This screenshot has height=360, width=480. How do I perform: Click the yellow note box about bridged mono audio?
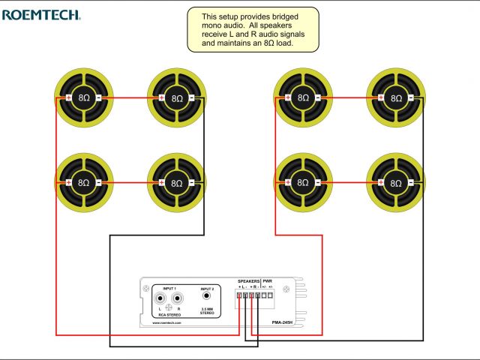(x=253, y=29)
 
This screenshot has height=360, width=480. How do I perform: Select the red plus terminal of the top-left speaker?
(x=68, y=98)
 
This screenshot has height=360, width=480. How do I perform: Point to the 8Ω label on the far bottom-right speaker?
(x=397, y=183)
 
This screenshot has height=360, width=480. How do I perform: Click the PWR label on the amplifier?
(x=267, y=282)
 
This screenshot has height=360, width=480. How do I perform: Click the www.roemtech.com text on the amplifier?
(x=164, y=323)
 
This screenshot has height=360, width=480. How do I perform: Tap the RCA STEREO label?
(x=169, y=315)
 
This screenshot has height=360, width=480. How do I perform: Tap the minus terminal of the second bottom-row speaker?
(x=193, y=183)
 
